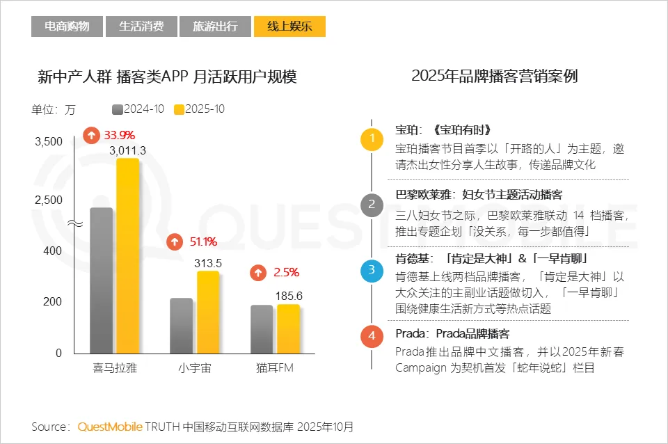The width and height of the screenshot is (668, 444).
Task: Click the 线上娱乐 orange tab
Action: pyautogui.click(x=289, y=26)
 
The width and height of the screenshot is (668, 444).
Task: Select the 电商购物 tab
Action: pyautogui.click(x=67, y=26)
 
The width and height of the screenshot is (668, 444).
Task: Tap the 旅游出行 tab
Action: pyautogui.click(x=215, y=26)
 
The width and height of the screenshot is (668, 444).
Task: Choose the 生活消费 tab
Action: pyautogui.click(x=141, y=26)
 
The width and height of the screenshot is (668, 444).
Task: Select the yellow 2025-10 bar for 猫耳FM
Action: pyautogui.click(x=288, y=328)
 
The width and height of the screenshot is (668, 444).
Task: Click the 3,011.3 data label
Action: pyautogui.click(x=127, y=150)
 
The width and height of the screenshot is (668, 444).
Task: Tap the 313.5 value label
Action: pyautogui.click(x=208, y=263)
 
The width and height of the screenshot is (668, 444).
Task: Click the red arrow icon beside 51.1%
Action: pyautogui.click(x=175, y=242)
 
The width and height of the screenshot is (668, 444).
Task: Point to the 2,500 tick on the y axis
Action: pyautogui.click(x=49, y=200)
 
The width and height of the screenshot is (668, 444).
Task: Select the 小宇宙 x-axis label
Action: pyautogui.click(x=194, y=368)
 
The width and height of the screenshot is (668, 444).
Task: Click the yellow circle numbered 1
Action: pyautogui.click(x=372, y=138)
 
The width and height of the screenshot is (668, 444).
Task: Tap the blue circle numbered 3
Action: pyautogui.click(x=372, y=269)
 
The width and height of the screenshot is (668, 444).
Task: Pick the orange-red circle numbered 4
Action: pyautogui.click(x=372, y=336)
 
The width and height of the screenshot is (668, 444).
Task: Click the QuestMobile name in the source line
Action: pyautogui.click(x=110, y=427)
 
